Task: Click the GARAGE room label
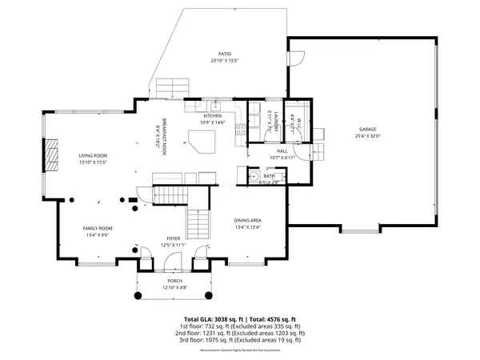tap(367, 129)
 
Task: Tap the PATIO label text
tap(226, 54)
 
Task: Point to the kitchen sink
tap(216, 106)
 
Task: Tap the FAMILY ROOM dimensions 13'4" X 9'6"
tap(98, 235)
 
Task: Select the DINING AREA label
tap(248, 220)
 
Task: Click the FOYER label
tap(174, 238)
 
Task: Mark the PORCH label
tap(174, 281)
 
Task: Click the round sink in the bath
tap(252, 177)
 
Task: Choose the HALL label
tap(282, 150)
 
